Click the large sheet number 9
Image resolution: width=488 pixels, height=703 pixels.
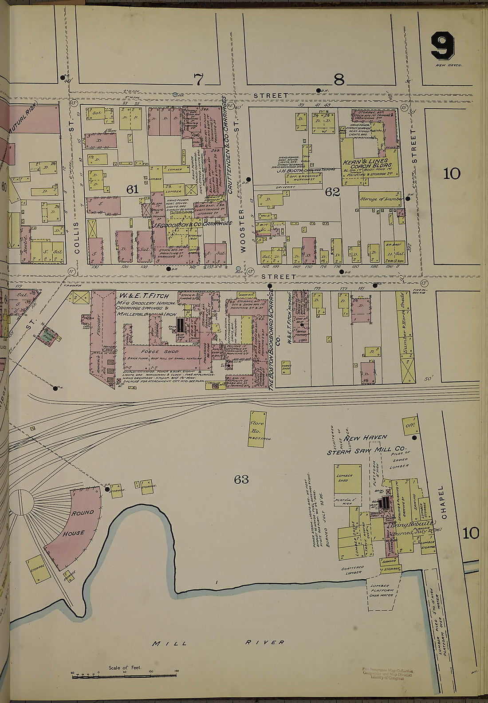click(x=442, y=47)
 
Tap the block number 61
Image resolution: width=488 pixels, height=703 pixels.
click(x=132, y=190)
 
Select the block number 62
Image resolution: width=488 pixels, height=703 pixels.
click(x=332, y=192)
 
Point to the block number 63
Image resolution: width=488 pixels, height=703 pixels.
click(x=241, y=479)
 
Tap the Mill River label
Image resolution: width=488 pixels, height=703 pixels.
click(x=217, y=642)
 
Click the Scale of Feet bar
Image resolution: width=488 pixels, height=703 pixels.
click(x=124, y=675)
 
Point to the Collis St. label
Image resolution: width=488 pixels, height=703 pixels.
click(x=76, y=237)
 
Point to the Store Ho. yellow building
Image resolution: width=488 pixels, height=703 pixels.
click(x=257, y=427)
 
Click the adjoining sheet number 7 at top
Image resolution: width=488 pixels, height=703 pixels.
click(x=198, y=80)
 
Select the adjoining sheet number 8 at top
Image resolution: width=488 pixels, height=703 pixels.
click(x=338, y=80)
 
